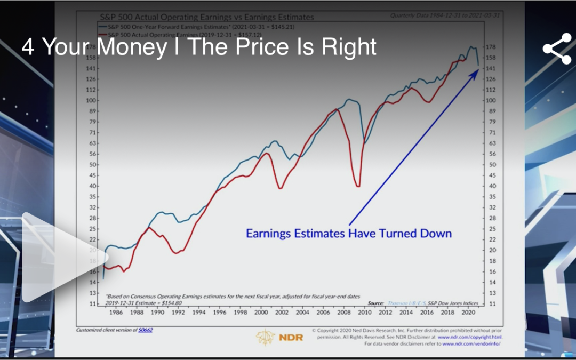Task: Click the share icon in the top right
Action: click(x=557, y=49)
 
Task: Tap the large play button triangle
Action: click(x=59, y=257)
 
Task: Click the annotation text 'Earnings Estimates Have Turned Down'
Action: click(x=348, y=234)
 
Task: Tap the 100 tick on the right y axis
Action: click(x=492, y=100)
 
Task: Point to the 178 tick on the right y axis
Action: click(x=492, y=47)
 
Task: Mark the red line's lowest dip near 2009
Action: click(x=357, y=186)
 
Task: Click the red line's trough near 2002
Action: click(x=280, y=188)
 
